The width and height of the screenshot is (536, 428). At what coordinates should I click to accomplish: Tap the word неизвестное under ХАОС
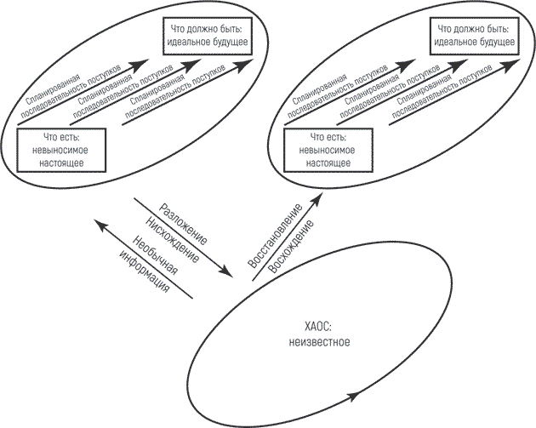tap(320, 342)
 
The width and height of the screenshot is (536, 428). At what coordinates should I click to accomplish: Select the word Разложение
tap(184, 225)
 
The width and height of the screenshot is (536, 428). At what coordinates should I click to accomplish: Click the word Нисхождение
tap(172, 240)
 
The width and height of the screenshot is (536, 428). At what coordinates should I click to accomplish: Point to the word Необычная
tap(155, 255)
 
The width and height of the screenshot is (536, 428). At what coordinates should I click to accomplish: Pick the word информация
tap(145, 271)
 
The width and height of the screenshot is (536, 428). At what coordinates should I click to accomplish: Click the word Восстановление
tap(275, 236)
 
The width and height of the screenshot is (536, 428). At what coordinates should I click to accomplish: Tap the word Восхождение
tap(291, 246)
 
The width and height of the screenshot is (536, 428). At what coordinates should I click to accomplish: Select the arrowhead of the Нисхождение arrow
tap(226, 271)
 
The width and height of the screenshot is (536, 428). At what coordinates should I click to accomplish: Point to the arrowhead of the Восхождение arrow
tap(316, 199)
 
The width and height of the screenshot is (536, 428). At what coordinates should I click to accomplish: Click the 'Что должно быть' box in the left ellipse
tap(208, 36)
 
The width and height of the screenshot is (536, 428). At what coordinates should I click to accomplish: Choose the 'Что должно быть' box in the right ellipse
tap(474, 36)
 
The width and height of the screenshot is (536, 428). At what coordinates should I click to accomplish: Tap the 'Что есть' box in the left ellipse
tap(61, 150)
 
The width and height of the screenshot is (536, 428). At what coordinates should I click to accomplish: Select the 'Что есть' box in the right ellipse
tap(328, 150)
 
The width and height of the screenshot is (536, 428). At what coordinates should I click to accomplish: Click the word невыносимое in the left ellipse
tap(60, 151)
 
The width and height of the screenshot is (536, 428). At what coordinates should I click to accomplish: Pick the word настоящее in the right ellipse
tap(328, 163)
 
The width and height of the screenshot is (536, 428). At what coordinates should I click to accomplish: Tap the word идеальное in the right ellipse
tap(453, 42)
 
